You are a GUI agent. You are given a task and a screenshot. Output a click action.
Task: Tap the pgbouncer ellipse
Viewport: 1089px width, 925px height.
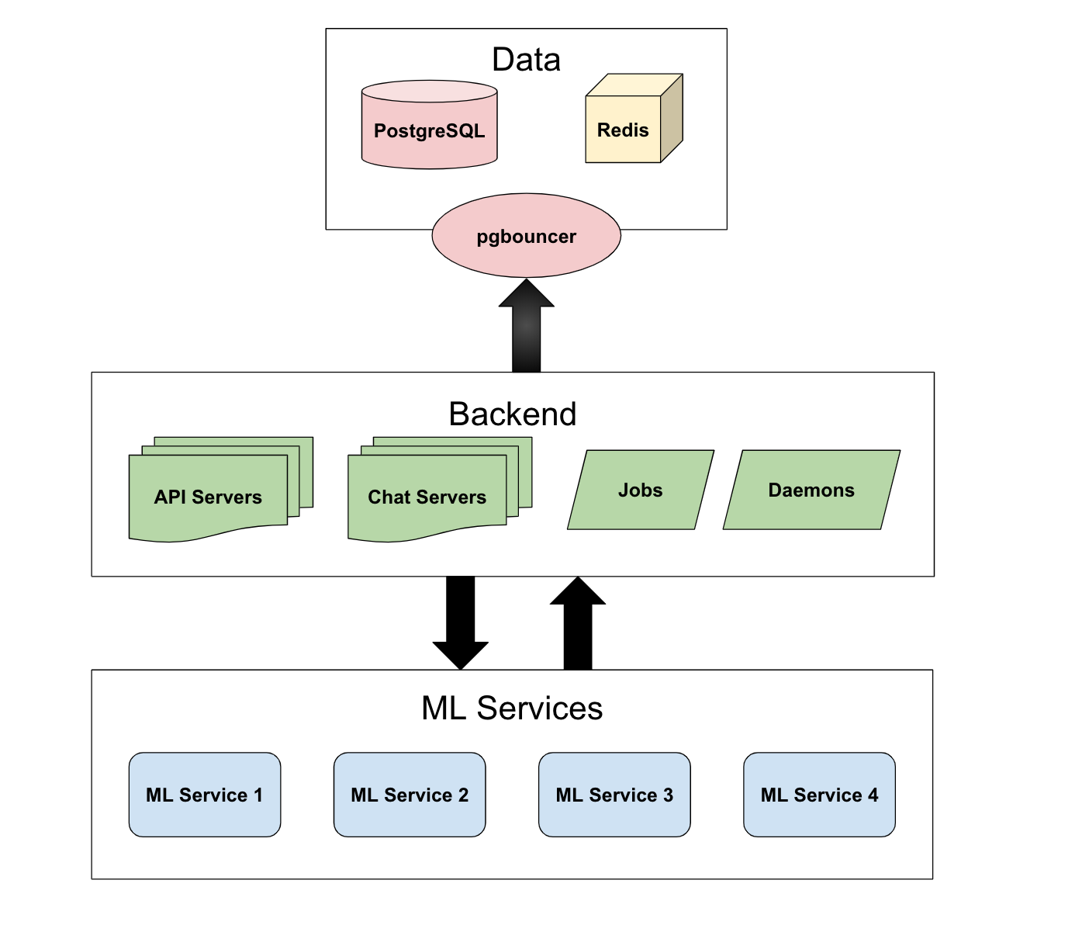click(526, 236)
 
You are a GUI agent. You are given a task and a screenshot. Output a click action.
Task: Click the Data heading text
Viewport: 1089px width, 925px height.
click(526, 60)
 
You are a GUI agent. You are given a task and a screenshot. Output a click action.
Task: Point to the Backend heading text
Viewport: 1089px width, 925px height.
click(512, 414)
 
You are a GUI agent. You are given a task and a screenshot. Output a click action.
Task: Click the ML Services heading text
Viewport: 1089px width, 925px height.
click(512, 708)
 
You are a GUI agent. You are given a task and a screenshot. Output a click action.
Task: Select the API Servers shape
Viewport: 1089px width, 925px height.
click(208, 497)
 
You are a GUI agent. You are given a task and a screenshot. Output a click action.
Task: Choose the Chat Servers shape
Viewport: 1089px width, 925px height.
click(427, 497)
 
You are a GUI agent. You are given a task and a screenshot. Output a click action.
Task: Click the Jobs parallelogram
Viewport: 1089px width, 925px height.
click(641, 490)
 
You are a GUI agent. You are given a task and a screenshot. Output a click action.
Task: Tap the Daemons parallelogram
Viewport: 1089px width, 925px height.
click(811, 490)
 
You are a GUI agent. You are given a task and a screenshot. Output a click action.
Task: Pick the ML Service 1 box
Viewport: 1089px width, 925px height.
click(205, 795)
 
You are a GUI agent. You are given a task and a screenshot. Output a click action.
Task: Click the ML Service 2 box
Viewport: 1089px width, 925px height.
click(410, 795)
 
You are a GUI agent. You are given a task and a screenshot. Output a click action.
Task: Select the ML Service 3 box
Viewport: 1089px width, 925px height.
click(614, 795)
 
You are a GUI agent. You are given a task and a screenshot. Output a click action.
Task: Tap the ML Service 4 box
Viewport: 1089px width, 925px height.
click(819, 795)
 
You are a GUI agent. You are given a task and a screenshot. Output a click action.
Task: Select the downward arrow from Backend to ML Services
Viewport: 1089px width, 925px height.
click(461, 621)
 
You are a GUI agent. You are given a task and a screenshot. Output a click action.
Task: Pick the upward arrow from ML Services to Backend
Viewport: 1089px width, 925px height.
click(578, 625)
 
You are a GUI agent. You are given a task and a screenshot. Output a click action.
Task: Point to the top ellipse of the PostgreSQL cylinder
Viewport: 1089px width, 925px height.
click(429, 92)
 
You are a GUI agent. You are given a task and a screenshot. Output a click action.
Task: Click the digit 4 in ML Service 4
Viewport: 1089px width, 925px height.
click(873, 795)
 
